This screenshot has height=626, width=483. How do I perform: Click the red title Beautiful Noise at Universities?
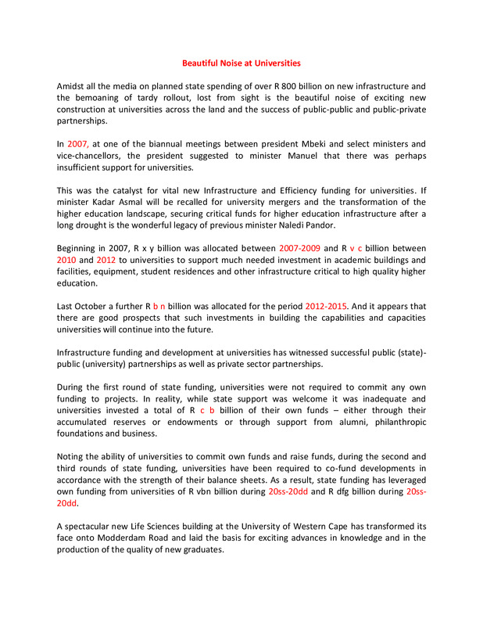(x=241, y=63)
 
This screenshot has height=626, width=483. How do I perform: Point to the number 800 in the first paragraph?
(x=312, y=85)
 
